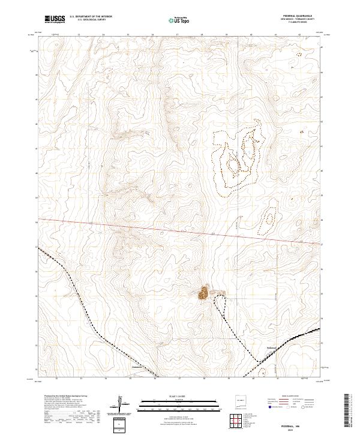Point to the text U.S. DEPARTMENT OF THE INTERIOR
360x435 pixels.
click(91, 17)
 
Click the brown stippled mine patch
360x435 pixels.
click(203, 293)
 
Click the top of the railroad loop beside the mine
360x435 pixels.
click(221, 295)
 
